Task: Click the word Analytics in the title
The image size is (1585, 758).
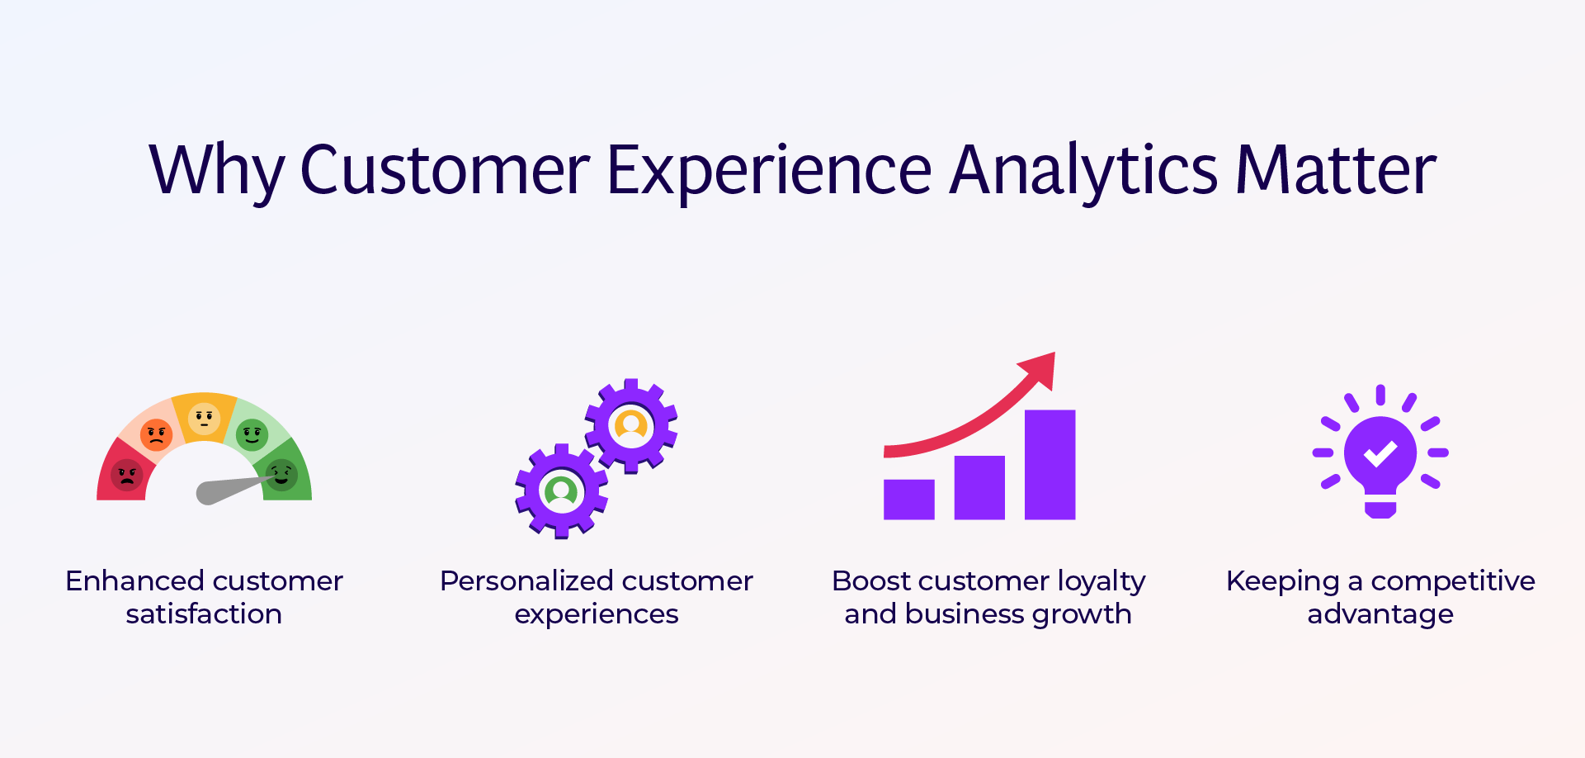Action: (1083, 170)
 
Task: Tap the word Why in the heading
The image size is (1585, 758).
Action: (215, 170)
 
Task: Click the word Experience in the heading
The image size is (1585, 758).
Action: (769, 170)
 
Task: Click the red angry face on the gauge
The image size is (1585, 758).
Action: (127, 475)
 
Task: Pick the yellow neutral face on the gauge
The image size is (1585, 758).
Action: (204, 418)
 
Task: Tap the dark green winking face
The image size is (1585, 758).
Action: (281, 475)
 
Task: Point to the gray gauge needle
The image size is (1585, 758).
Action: (227, 490)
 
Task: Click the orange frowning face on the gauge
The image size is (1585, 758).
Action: (156, 433)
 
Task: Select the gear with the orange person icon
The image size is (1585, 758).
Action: (631, 426)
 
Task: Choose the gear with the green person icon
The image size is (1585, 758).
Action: (562, 491)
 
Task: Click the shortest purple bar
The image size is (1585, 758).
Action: (908, 500)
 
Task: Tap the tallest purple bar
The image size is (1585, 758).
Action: (1050, 465)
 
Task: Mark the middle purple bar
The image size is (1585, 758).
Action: (979, 488)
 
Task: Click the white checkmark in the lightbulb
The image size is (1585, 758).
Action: (1380, 452)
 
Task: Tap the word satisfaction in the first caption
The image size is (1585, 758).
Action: (204, 614)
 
